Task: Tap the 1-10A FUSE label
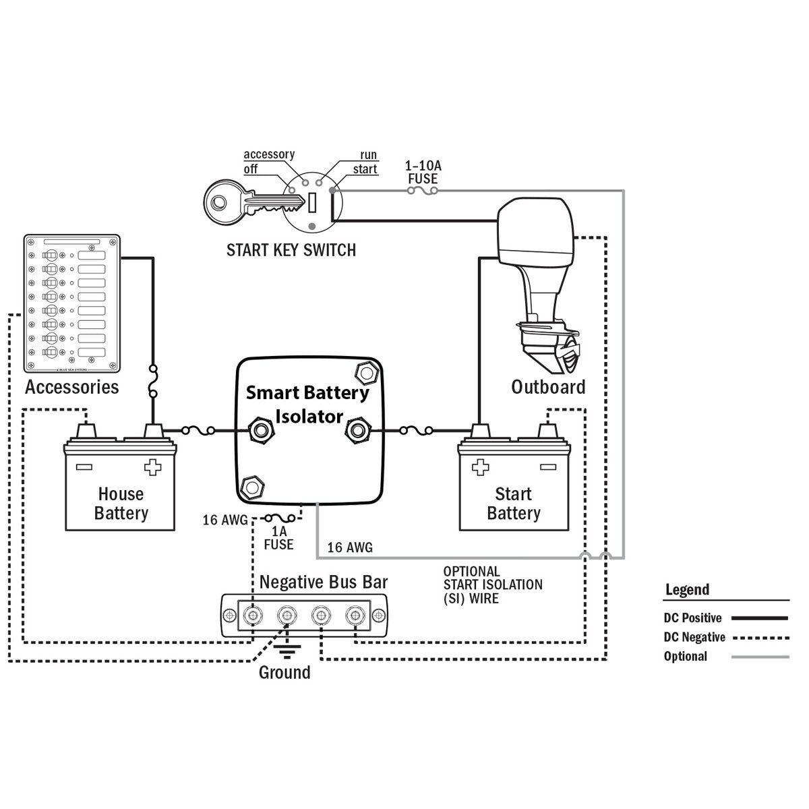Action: tap(423, 173)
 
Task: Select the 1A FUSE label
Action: tap(278, 537)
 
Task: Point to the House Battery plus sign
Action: tap(153, 467)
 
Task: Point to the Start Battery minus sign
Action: tap(547, 467)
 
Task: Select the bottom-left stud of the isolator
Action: tap(251, 485)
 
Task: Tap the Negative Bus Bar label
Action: tap(324, 582)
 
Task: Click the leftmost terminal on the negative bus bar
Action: tap(253, 616)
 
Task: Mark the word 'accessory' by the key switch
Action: tap(269, 154)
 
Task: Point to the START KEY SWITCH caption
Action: tap(291, 250)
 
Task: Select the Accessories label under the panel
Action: tap(71, 387)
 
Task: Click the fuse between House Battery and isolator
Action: tap(199, 429)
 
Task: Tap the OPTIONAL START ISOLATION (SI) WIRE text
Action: tap(492, 585)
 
